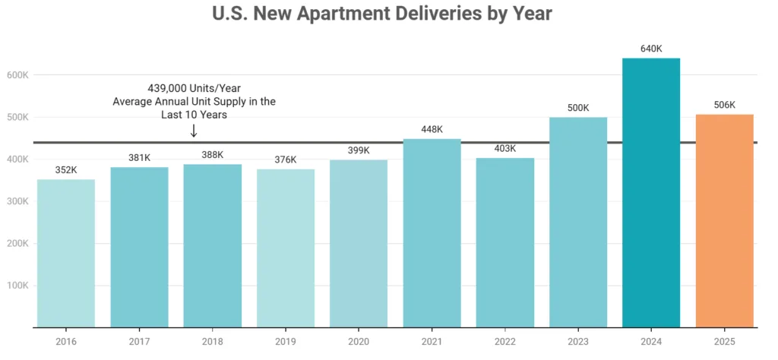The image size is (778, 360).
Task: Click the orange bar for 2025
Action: point(724,220)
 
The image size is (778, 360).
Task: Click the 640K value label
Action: point(651,49)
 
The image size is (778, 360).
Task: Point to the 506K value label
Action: point(724,105)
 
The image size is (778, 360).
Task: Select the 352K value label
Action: point(66,170)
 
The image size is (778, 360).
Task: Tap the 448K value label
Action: point(432,129)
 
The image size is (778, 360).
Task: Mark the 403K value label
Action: point(504,148)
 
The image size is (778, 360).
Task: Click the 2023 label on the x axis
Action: point(578,342)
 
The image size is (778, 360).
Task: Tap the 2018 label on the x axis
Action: point(213,342)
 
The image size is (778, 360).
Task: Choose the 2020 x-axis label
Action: point(359,342)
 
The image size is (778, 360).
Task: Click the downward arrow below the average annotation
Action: point(194,131)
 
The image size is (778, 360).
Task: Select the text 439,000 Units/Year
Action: point(194,88)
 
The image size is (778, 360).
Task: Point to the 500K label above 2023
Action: point(578,108)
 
